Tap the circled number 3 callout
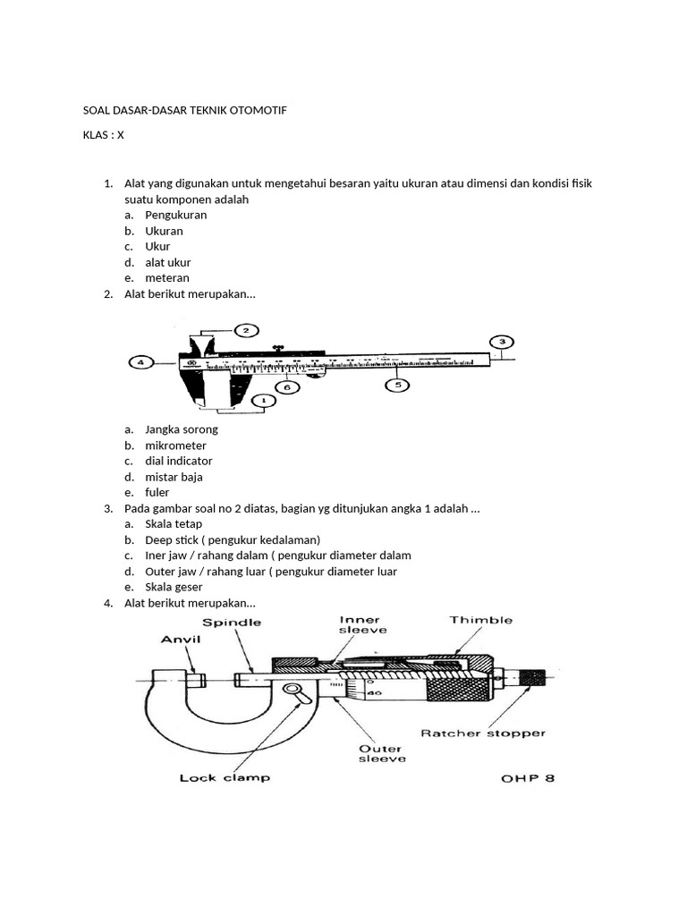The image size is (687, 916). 502,342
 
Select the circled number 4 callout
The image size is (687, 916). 140,362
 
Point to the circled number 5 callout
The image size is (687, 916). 397,385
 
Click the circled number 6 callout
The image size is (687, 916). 286,387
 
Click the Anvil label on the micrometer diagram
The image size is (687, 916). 181,640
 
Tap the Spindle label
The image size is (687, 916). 232,622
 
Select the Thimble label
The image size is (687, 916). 481,619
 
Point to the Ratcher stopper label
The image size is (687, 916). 483,733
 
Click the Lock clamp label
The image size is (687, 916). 225,777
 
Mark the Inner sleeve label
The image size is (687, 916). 360,624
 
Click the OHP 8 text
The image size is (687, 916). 528,778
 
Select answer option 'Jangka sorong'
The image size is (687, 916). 182,429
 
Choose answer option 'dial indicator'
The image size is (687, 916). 179,461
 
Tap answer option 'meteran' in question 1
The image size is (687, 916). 167,277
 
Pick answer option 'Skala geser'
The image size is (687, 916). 174,587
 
